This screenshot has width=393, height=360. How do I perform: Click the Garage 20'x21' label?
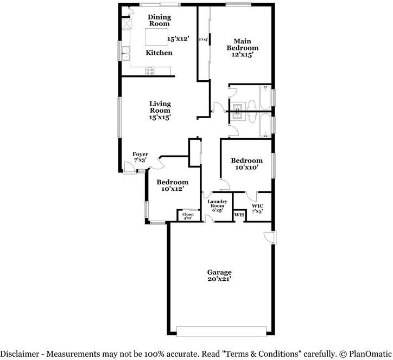click(219, 275)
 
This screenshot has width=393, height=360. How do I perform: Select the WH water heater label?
click(239, 215)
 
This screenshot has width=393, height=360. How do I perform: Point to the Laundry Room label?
click(217, 206)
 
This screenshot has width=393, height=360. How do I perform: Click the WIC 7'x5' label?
click(257, 208)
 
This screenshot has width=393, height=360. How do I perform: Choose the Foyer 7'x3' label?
click(141, 157)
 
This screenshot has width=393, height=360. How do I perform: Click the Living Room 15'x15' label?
click(160, 110)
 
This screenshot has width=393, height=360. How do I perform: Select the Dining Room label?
click(159, 20)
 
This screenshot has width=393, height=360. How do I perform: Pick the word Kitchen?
click(159, 53)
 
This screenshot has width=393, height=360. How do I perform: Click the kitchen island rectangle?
click(156, 37)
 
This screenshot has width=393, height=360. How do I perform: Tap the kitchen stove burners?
click(150, 70)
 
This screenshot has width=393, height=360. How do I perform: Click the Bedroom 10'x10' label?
click(246, 164)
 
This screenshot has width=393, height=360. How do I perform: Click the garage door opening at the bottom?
click(221, 331)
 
